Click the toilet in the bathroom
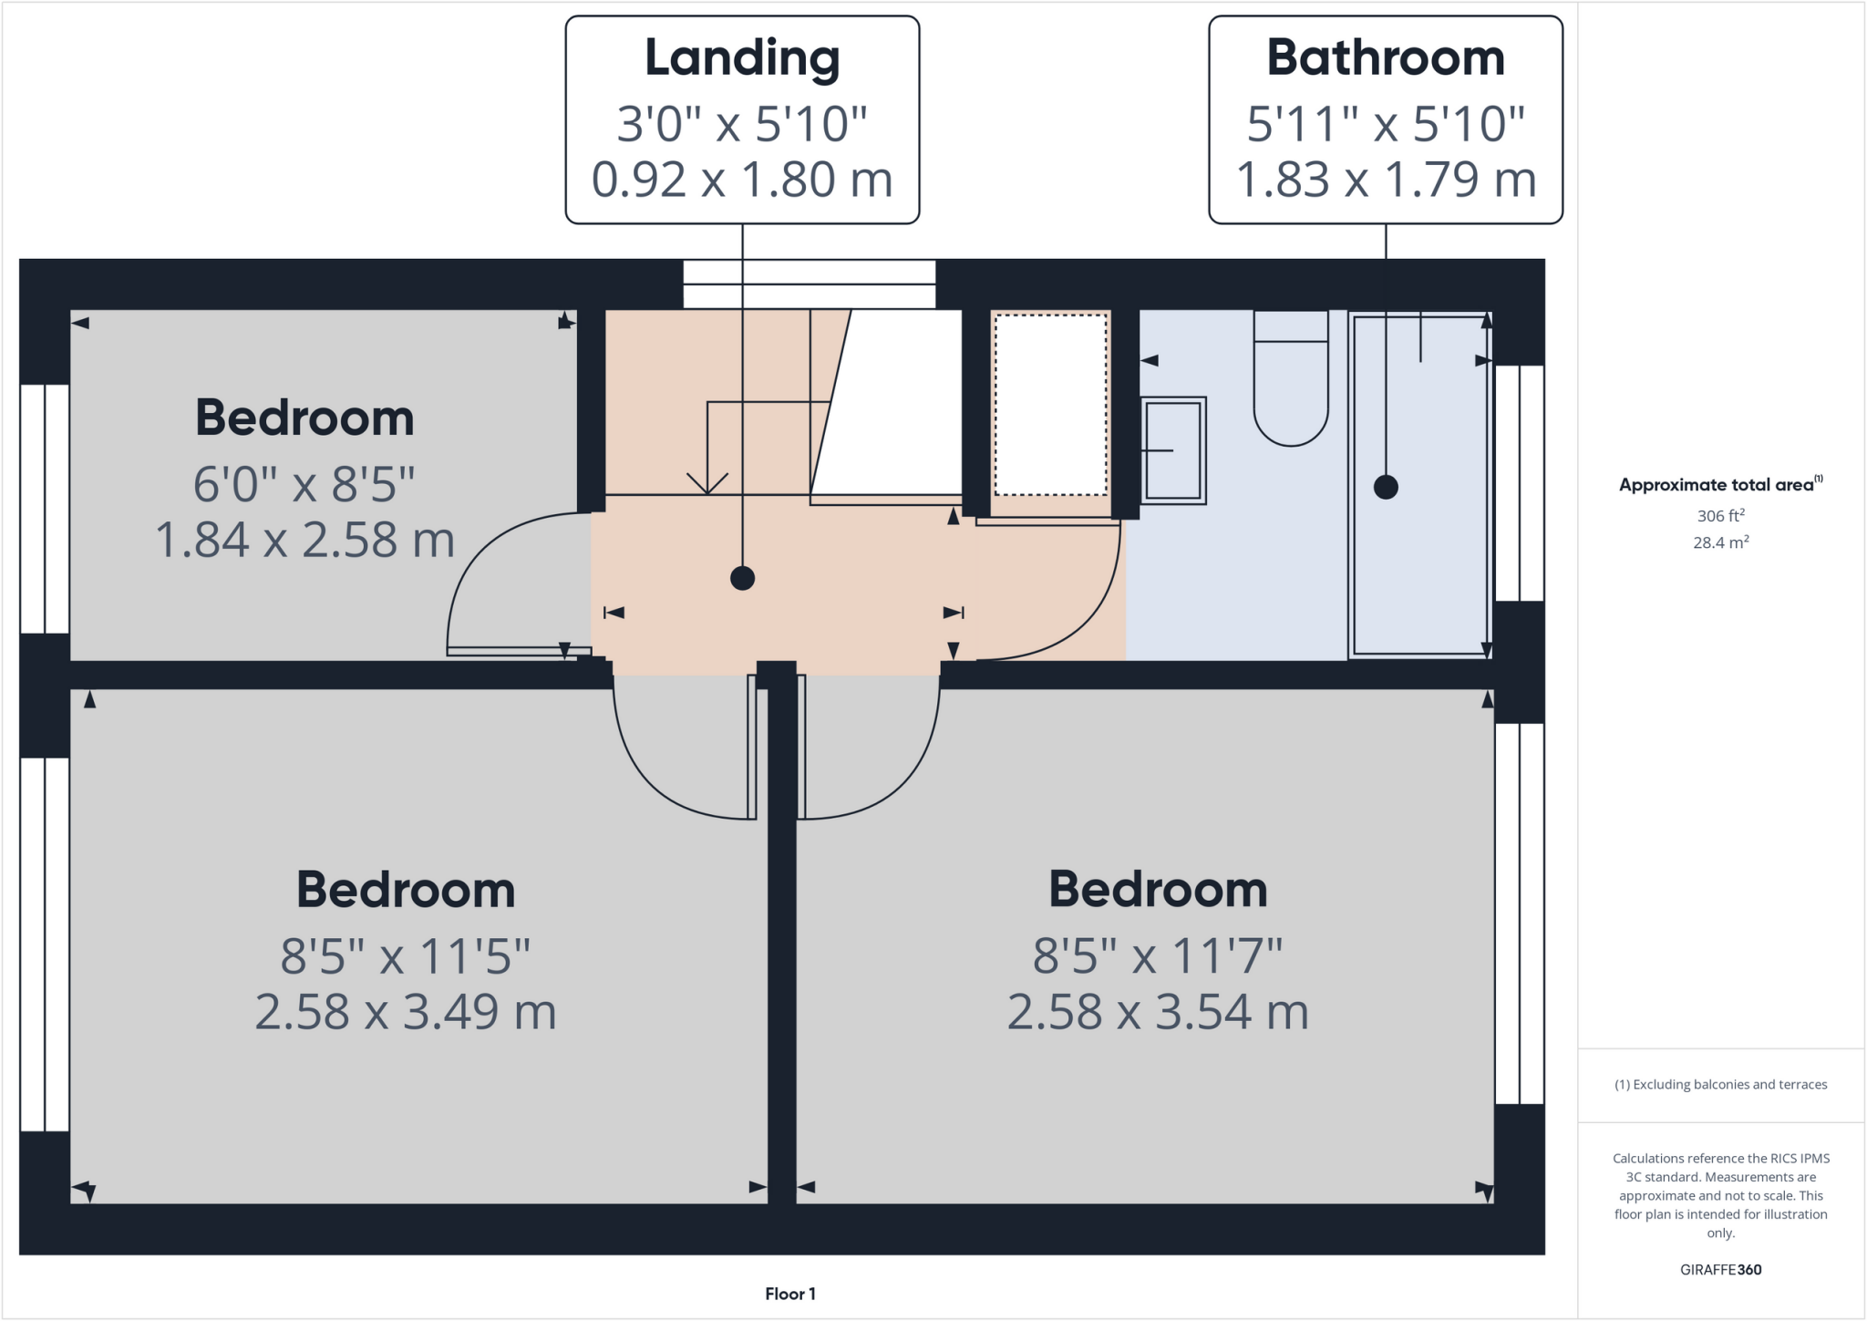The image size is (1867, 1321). [1290, 383]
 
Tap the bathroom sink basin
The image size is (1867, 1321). [1173, 449]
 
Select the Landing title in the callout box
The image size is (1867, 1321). [742, 58]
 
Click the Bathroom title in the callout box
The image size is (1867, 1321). [1385, 58]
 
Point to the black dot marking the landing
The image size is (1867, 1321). [742, 578]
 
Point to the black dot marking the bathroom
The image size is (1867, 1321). [1386, 487]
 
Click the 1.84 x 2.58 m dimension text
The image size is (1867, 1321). [304, 540]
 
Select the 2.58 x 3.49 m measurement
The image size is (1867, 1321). [406, 1012]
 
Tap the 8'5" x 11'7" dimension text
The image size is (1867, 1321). [1158, 956]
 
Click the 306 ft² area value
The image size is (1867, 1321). [1720, 516]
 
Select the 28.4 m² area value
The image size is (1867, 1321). [1720, 542]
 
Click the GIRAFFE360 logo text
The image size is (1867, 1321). [1720, 1269]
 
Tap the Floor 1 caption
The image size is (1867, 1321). [790, 1294]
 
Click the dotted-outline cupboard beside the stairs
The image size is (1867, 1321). [1050, 405]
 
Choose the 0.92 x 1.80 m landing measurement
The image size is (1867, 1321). [742, 180]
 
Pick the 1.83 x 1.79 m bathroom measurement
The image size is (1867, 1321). [1386, 180]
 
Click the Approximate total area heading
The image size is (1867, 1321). [1719, 485]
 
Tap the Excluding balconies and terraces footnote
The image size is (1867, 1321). [1720, 1085]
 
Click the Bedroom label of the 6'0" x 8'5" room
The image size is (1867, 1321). [304, 418]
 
